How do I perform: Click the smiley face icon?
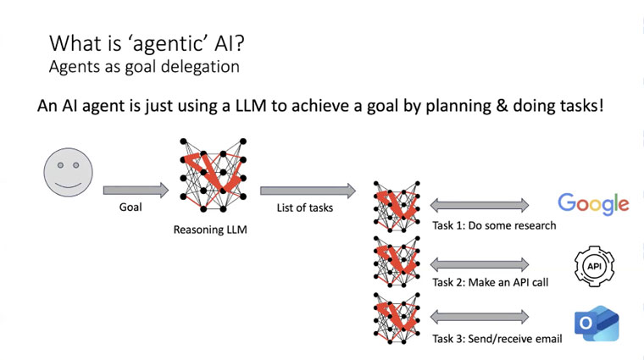(x=68, y=173)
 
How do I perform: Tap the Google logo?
(x=593, y=203)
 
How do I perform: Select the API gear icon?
(x=594, y=266)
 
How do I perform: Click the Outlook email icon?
(x=597, y=324)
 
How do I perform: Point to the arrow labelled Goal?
(x=136, y=190)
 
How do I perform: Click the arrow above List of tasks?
(x=308, y=191)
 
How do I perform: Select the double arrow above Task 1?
(x=480, y=205)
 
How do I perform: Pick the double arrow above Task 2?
(x=480, y=265)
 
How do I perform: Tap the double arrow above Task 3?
(x=480, y=317)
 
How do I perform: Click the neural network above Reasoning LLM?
(x=214, y=175)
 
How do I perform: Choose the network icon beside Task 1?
(x=397, y=206)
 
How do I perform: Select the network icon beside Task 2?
(x=397, y=262)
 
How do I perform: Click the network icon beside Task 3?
(x=397, y=318)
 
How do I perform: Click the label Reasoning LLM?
(x=210, y=230)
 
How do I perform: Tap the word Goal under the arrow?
(x=130, y=208)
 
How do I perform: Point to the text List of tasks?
(x=305, y=208)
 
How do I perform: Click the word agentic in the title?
(x=167, y=43)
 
